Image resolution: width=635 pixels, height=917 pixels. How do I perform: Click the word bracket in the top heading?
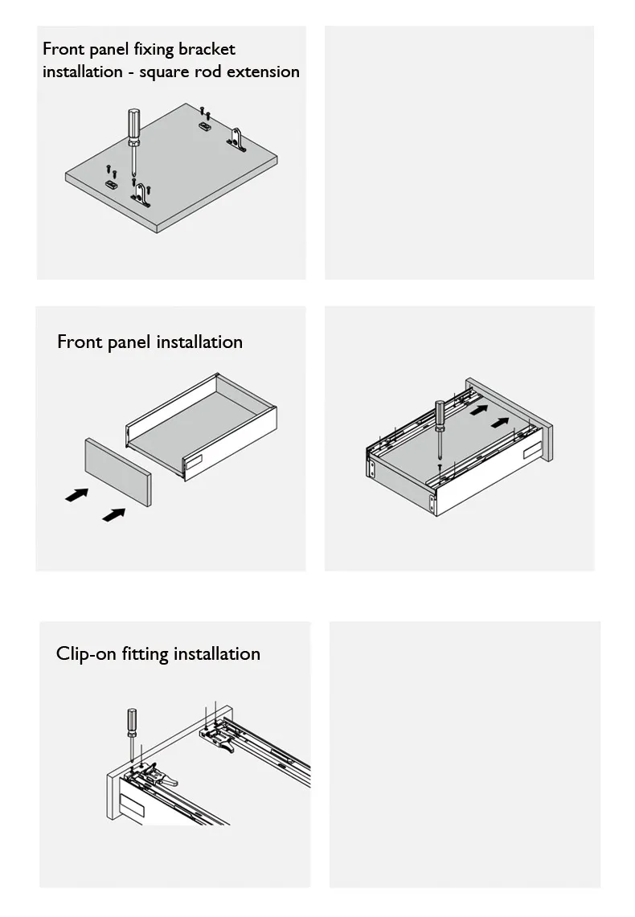[x=207, y=49]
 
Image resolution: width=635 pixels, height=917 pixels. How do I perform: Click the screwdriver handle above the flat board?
[x=134, y=124]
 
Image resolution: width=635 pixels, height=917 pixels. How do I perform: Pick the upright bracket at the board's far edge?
[x=236, y=139]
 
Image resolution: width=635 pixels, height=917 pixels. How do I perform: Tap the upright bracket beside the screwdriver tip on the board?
[x=141, y=195]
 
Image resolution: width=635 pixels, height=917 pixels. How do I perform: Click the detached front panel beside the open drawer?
[x=118, y=472]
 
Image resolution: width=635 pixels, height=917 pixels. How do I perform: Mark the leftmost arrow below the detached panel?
[x=76, y=495]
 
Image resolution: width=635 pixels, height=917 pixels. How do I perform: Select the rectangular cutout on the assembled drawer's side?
[x=532, y=449]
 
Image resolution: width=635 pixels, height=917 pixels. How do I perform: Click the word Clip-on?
[x=86, y=654]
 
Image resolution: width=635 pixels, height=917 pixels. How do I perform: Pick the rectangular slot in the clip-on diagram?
[x=132, y=804]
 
